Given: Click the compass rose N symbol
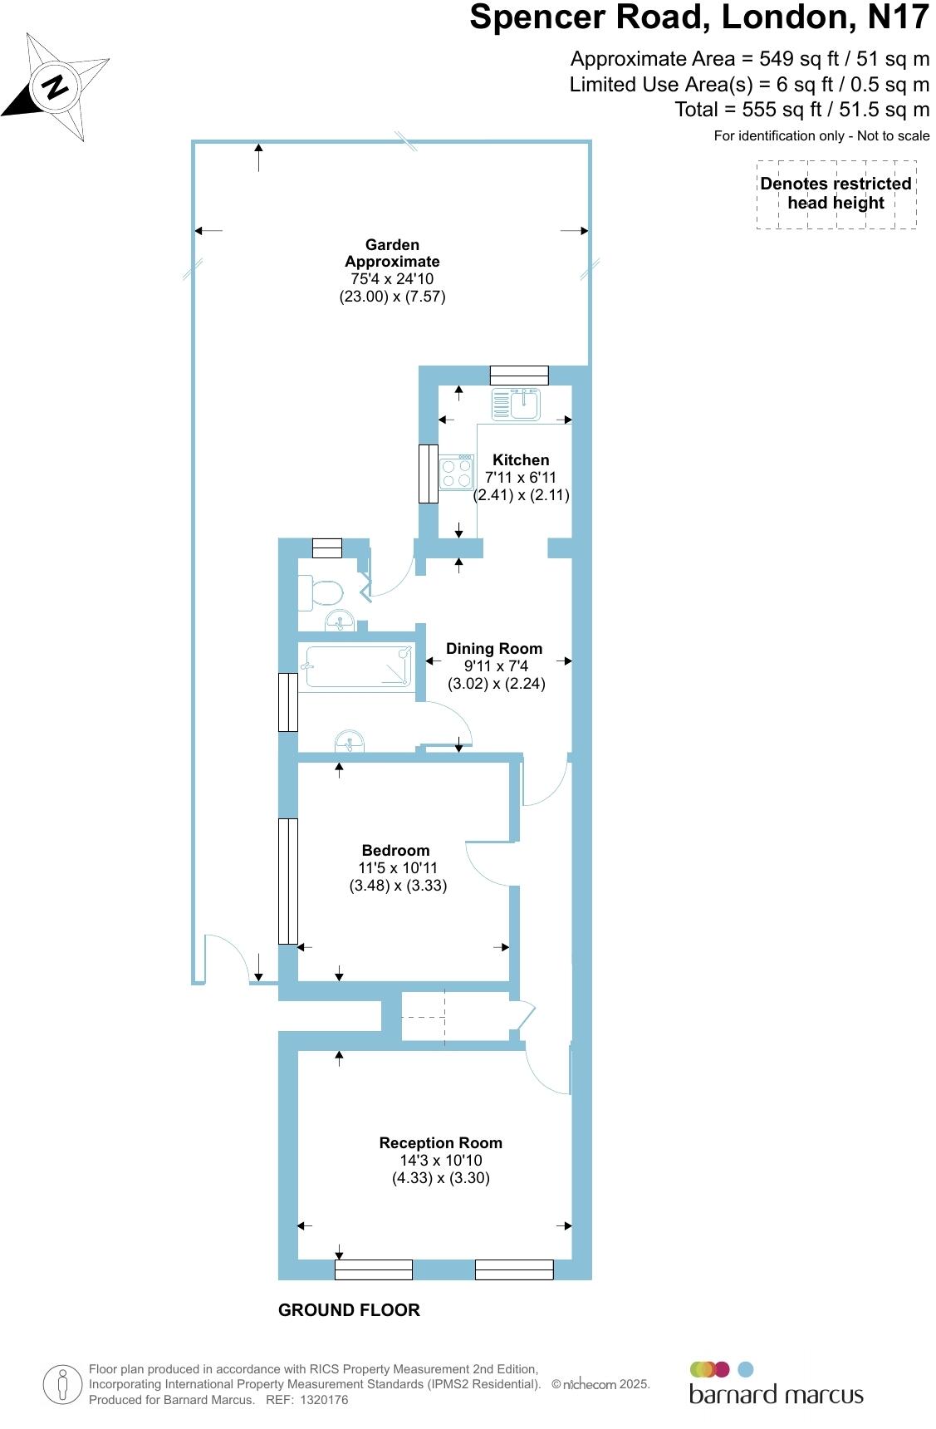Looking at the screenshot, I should pyautogui.click(x=56, y=86).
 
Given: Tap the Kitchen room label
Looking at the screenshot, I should pyautogui.click(x=521, y=459).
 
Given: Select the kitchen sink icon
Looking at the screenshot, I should pyautogui.click(x=516, y=405).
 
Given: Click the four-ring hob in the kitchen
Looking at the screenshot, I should pyautogui.click(x=457, y=473).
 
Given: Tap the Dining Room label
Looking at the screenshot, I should pyautogui.click(x=494, y=648).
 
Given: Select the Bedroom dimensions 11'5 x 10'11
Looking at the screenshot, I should pyautogui.click(x=398, y=867).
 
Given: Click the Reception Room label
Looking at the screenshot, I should pyautogui.click(x=440, y=1142).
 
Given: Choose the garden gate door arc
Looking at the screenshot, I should pyautogui.click(x=227, y=957).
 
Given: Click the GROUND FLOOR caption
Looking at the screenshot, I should pyautogui.click(x=349, y=1310).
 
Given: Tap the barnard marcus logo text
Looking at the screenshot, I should pyautogui.click(x=776, y=1395).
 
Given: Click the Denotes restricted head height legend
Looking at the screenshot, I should pyautogui.click(x=836, y=194).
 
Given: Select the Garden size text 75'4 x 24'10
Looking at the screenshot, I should pyautogui.click(x=392, y=279).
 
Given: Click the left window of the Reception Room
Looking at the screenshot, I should pyautogui.click(x=374, y=1269).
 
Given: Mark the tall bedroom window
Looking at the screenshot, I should pyautogui.click(x=287, y=881).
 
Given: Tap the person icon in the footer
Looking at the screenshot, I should pyautogui.click(x=62, y=1385).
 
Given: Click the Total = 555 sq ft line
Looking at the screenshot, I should pyautogui.click(x=801, y=110).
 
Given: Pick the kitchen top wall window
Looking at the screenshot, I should pyautogui.click(x=519, y=375).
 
